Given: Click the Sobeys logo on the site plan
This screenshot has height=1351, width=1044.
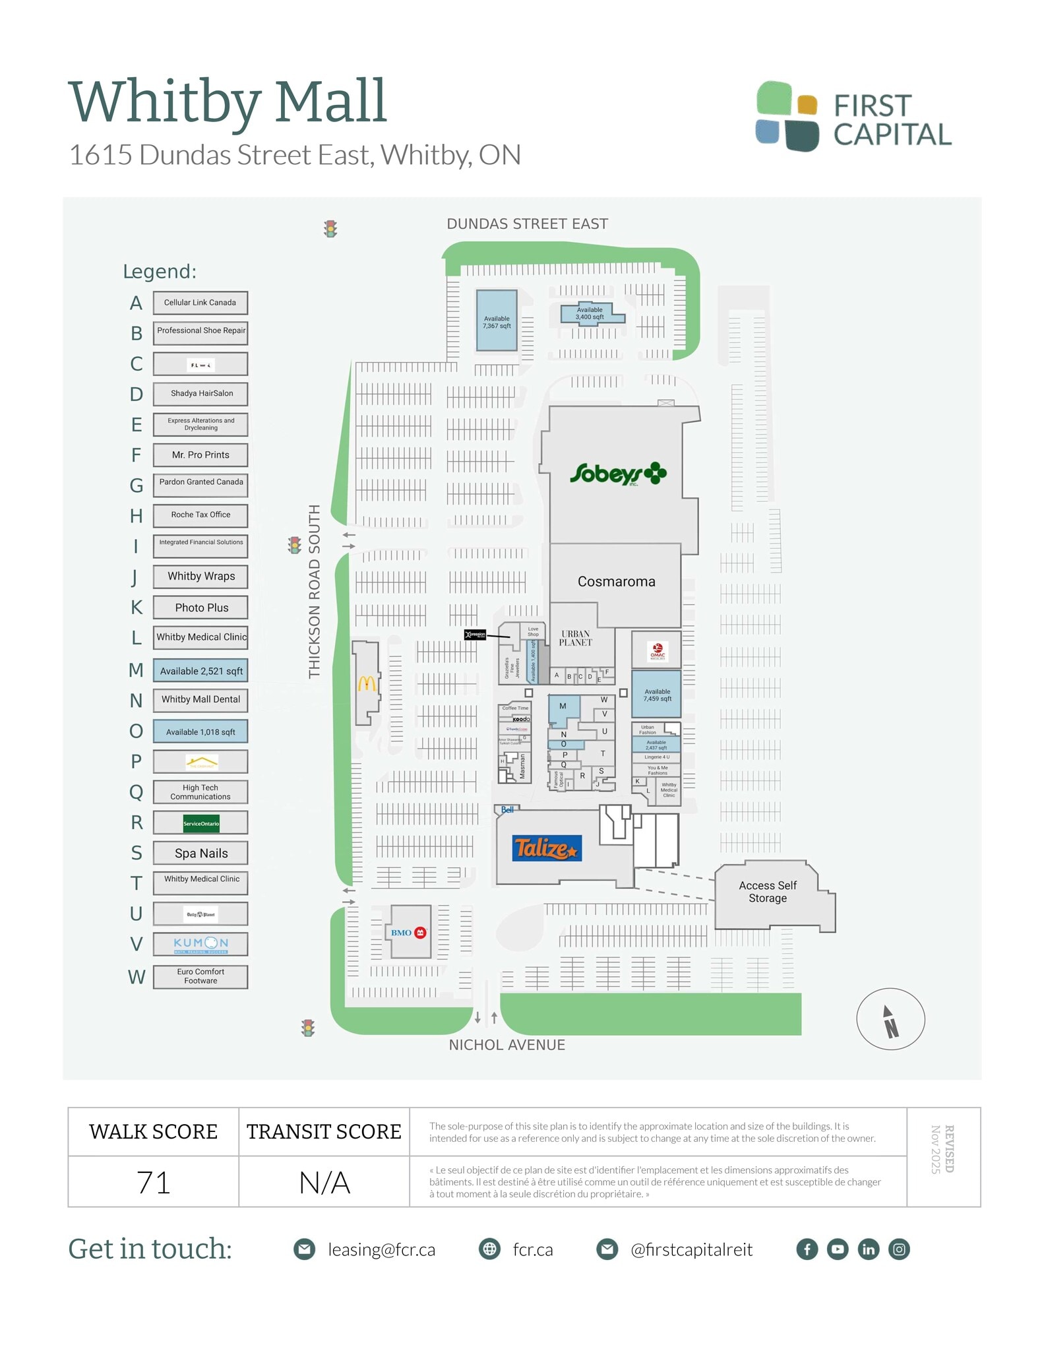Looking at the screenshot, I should click(x=617, y=474).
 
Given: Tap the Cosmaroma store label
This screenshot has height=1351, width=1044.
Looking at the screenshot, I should click(x=616, y=582).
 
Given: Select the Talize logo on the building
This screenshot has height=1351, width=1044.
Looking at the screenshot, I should click(x=545, y=848).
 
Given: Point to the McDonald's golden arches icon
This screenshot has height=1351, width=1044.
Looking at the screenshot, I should click(x=367, y=683).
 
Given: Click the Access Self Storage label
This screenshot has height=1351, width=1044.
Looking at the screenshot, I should click(x=767, y=892).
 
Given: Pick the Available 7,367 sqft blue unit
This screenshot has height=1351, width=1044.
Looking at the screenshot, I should click(x=497, y=321).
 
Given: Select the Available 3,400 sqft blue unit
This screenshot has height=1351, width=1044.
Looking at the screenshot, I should click(x=590, y=313).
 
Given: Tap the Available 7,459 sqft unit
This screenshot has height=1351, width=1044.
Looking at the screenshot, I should click(x=656, y=695).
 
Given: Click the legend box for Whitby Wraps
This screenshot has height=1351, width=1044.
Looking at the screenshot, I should click(x=200, y=577).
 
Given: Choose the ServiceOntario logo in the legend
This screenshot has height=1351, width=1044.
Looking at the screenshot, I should click(x=200, y=823).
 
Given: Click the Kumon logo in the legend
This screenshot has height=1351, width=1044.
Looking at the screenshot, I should click(x=200, y=944).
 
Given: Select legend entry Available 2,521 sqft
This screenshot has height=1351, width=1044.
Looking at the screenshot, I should click(x=200, y=671).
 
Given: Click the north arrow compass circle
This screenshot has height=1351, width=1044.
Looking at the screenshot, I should click(x=890, y=1019).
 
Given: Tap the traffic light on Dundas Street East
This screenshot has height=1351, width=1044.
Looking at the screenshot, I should click(x=330, y=229).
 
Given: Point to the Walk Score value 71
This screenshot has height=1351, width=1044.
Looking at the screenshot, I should click(x=154, y=1182).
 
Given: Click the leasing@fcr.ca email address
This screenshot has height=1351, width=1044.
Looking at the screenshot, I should click(x=381, y=1250).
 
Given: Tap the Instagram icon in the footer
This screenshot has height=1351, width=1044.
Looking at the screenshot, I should click(x=899, y=1249).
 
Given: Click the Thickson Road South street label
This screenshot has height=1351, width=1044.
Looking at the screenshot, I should click(x=315, y=591).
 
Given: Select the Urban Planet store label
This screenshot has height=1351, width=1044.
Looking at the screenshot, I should click(x=575, y=638).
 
